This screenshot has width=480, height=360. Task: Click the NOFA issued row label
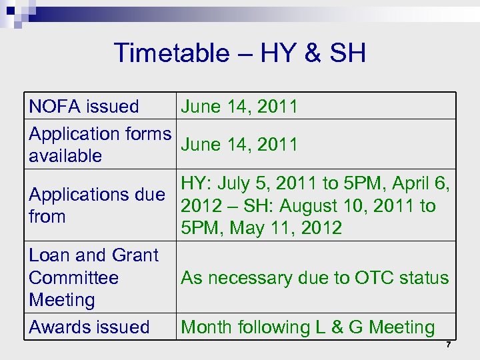84,107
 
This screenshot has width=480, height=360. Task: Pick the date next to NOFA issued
239,107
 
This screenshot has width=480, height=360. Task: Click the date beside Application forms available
239,145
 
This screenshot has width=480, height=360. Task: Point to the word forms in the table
147,134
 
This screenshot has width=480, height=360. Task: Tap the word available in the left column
65,157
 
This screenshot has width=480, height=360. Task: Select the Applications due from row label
97,205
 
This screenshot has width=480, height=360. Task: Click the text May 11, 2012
285,229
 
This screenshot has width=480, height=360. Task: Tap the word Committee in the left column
73,278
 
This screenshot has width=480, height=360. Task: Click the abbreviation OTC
372,278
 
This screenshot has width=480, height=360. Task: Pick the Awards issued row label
89,327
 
